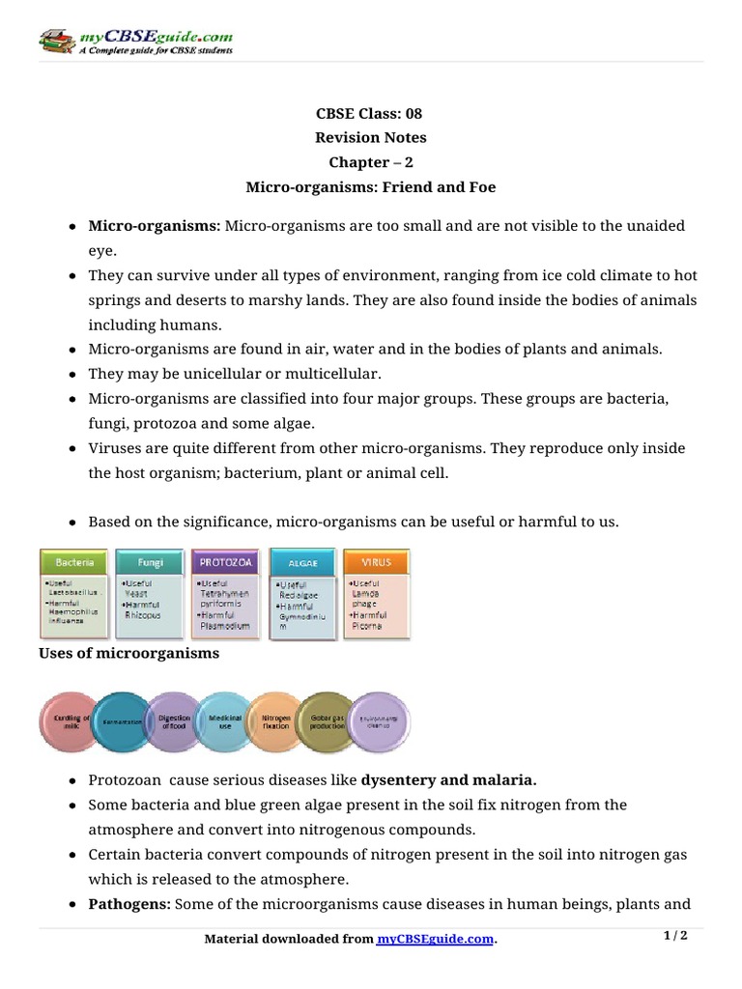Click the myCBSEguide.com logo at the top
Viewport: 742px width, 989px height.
(x=135, y=42)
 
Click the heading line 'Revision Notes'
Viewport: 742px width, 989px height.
(x=371, y=137)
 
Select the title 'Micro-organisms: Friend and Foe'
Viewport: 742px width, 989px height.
(x=371, y=187)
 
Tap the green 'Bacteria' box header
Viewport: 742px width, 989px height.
(x=74, y=561)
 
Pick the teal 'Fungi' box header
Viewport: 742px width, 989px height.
(x=150, y=561)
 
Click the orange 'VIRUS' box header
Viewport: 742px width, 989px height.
(x=376, y=561)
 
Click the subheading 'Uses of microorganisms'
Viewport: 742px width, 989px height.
(x=128, y=654)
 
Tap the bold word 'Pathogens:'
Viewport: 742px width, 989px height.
(x=128, y=905)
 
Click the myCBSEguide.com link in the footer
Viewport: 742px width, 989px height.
(x=435, y=939)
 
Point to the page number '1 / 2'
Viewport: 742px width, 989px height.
(x=675, y=935)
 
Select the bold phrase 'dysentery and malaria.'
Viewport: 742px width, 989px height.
(x=449, y=779)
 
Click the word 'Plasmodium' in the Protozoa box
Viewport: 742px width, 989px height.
(x=223, y=626)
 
